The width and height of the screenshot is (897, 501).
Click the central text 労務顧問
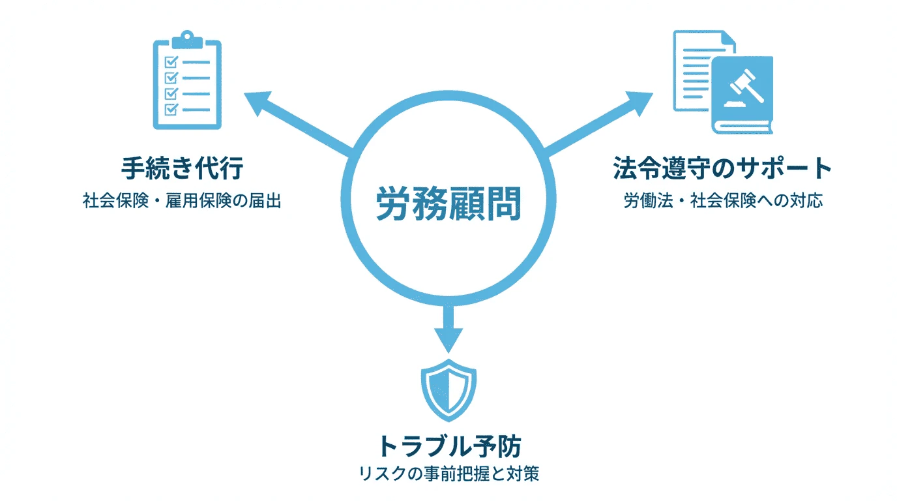click(x=448, y=204)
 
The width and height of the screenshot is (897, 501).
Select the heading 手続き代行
click(x=183, y=168)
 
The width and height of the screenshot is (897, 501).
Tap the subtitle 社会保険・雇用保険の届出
click(x=182, y=200)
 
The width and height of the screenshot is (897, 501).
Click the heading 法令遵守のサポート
click(x=722, y=168)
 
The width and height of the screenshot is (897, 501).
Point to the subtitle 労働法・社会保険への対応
click(x=723, y=200)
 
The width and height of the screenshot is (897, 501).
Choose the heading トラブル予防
click(x=449, y=446)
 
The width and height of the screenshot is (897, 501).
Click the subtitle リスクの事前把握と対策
click(x=448, y=474)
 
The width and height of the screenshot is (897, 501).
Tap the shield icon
click(x=448, y=390)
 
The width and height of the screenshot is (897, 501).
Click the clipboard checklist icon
click(x=187, y=80)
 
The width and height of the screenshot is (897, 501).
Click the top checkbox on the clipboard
click(x=171, y=62)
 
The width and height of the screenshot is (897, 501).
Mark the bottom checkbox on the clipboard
click(x=171, y=109)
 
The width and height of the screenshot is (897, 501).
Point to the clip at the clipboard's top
click(x=187, y=39)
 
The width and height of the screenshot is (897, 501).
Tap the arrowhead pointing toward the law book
click(x=640, y=103)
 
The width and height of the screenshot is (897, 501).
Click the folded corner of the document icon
click(x=729, y=38)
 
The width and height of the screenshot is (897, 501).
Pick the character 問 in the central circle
click(x=504, y=204)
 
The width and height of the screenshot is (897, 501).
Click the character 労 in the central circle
click(x=393, y=204)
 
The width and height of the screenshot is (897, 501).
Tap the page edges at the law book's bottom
click(x=743, y=127)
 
